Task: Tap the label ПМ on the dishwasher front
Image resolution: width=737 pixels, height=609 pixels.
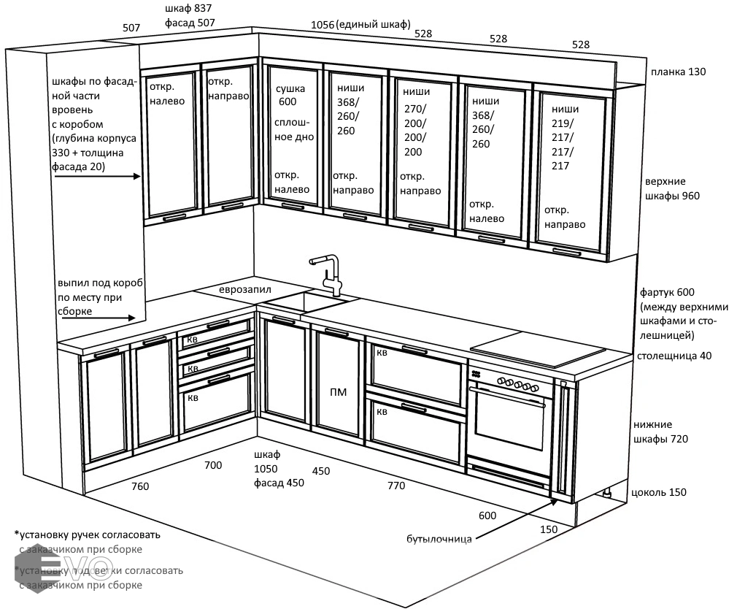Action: [339, 392]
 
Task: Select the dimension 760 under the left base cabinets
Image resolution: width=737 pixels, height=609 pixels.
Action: [139, 486]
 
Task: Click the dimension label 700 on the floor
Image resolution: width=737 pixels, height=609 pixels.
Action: [213, 465]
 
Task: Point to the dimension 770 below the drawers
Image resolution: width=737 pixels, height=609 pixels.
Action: [395, 486]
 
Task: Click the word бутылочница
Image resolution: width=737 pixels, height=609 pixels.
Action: [439, 540]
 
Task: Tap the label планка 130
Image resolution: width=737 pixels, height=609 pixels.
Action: [679, 72]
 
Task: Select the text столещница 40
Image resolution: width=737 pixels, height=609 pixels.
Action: [674, 356]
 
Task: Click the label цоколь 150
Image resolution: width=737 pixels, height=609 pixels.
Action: [659, 492]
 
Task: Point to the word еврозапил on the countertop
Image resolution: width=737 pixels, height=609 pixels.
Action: [245, 290]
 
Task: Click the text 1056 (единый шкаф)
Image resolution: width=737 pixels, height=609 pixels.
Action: [360, 24]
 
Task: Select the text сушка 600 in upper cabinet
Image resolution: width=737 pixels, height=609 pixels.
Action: [291, 96]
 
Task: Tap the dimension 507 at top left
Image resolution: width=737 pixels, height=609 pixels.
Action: [131, 28]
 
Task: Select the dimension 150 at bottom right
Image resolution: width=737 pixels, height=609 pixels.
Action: [549, 529]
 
